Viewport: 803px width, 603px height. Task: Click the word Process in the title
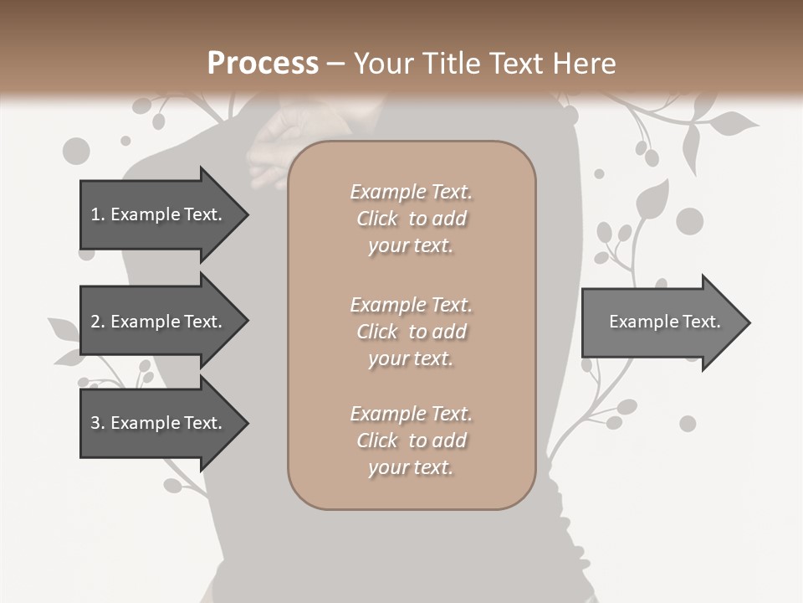point(263,63)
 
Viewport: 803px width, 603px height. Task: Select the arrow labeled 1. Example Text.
point(159,214)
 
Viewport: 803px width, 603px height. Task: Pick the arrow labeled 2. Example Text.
point(159,322)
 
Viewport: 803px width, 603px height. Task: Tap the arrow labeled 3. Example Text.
point(159,423)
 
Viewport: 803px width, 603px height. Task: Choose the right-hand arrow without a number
point(661,322)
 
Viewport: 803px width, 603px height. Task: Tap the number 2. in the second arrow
point(98,322)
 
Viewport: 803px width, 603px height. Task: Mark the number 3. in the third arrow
point(98,423)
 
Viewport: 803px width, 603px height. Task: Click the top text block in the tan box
point(411,219)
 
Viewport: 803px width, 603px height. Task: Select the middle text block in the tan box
point(411,332)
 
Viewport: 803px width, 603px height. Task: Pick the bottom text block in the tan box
point(411,441)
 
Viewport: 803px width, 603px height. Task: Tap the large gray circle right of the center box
point(689,221)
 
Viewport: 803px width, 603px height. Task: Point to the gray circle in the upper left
point(76,151)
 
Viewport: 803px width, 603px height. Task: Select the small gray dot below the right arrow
point(688,424)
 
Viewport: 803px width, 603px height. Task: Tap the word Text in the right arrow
point(701,322)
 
